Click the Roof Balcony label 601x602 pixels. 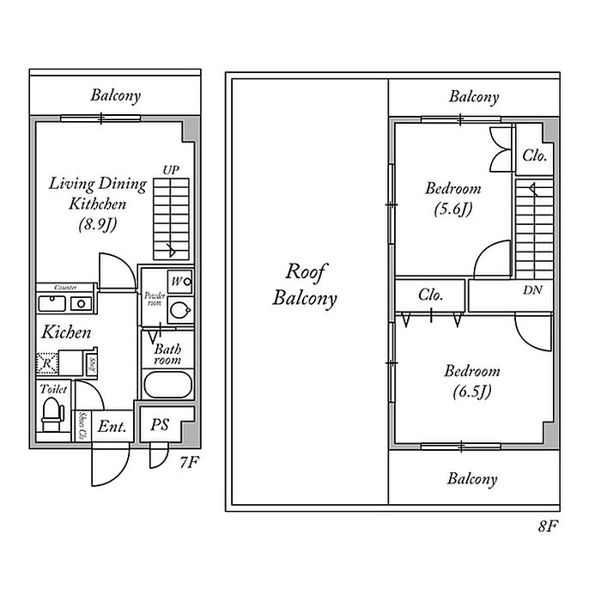pos(305,286)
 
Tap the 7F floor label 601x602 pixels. pos(189,463)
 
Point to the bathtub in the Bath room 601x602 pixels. pos(167,384)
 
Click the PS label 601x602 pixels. pos(160,425)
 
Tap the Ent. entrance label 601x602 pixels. pos(112,427)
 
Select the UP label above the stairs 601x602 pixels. pos(171,171)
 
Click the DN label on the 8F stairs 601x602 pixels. pos(532,290)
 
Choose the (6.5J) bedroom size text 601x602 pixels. pos(471,392)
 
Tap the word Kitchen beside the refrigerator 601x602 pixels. pos(67,331)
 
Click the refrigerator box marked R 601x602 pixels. pos(47,363)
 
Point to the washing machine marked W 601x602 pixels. pos(179,281)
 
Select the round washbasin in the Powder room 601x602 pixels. pos(179,310)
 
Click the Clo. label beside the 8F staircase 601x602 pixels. pos(535,156)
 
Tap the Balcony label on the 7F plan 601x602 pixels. pos(116,96)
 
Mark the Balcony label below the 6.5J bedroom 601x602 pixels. pos(471,479)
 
